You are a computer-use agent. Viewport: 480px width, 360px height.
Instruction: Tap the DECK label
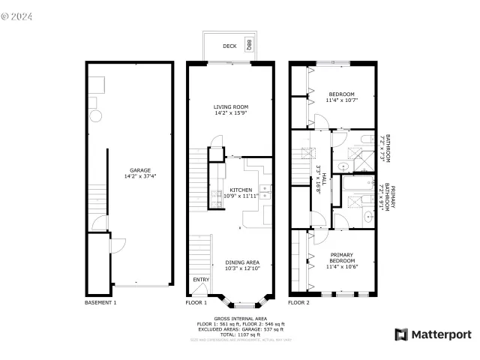[229, 46]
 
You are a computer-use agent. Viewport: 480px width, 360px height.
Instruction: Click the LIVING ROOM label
[231, 107]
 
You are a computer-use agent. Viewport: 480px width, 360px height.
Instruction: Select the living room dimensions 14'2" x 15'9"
[231, 114]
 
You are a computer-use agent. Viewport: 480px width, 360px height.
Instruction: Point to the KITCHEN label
[240, 190]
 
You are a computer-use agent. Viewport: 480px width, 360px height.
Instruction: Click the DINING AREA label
[242, 262]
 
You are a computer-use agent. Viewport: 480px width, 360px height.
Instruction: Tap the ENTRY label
[201, 280]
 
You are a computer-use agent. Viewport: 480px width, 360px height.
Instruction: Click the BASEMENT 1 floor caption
[100, 303]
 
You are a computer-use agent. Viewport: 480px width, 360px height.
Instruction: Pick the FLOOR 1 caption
[196, 303]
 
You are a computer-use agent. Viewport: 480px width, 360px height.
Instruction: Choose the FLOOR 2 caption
[298, 303]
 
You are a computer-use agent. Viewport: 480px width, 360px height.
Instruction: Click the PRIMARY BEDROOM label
[340, 257]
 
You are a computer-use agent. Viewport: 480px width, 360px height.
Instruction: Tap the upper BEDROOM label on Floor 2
[340, 94]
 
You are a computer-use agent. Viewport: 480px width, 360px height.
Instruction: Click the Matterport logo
[433, 334]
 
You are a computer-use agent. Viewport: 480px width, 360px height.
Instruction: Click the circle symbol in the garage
[96, 115]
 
